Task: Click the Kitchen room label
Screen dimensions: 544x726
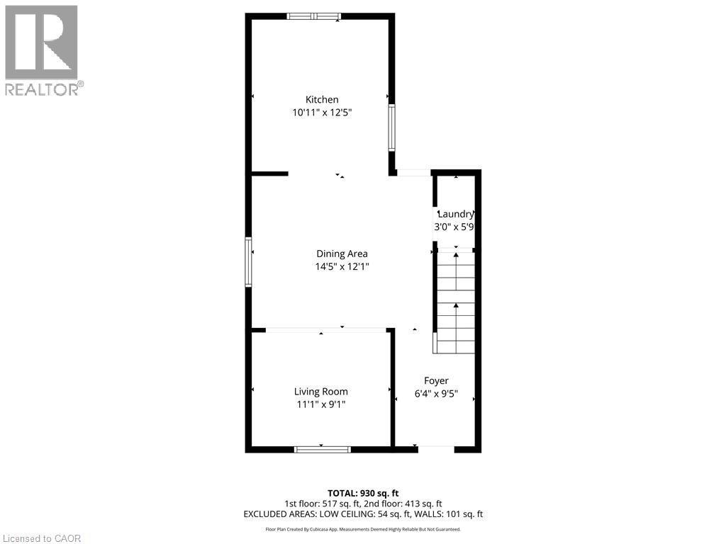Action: [322, 100]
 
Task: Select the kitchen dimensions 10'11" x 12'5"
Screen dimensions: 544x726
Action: [322, 113]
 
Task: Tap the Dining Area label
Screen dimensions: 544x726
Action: [342, 254]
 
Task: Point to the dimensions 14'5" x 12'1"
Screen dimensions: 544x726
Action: [342, 267]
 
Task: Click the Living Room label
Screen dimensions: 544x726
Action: [321, 391]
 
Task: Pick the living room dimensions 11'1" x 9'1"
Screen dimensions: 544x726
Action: [321, 404]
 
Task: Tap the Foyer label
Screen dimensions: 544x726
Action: [436, 380]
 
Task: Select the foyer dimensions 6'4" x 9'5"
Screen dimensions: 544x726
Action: [436, 394]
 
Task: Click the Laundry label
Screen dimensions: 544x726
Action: [456, 214]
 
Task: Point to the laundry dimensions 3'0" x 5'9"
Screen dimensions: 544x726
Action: [454, 227]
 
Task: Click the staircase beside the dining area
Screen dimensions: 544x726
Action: [455, 301]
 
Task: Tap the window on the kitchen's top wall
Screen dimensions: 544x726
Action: [314, 16]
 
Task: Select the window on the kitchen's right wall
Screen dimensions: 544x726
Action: [391, 127]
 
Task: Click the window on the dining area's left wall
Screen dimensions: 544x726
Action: [249, 262]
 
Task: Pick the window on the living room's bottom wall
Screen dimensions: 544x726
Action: [322, 448]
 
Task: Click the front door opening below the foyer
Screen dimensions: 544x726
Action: [435, 447]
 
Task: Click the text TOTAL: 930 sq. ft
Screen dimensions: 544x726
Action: [363, 493]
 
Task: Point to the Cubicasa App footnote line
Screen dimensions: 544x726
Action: [363, 529]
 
